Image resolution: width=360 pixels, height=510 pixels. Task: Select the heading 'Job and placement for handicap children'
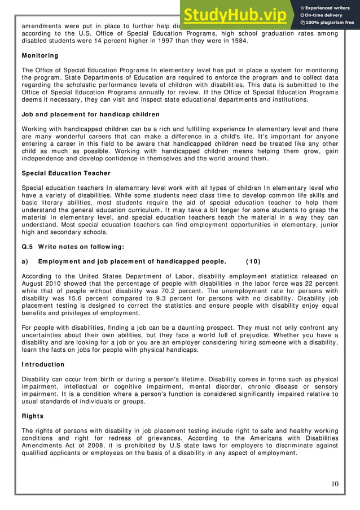(82, 114)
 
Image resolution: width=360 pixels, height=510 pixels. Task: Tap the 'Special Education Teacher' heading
(66, 173)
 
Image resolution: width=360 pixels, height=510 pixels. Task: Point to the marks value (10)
(253, 261)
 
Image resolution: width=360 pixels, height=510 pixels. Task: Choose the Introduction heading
(43, 364)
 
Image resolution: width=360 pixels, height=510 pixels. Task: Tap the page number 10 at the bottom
(335, 483)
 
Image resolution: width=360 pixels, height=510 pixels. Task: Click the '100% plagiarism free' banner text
(331, 23)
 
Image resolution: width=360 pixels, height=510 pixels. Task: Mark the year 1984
(236, 41)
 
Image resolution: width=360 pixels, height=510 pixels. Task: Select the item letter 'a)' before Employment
(25, 261)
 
